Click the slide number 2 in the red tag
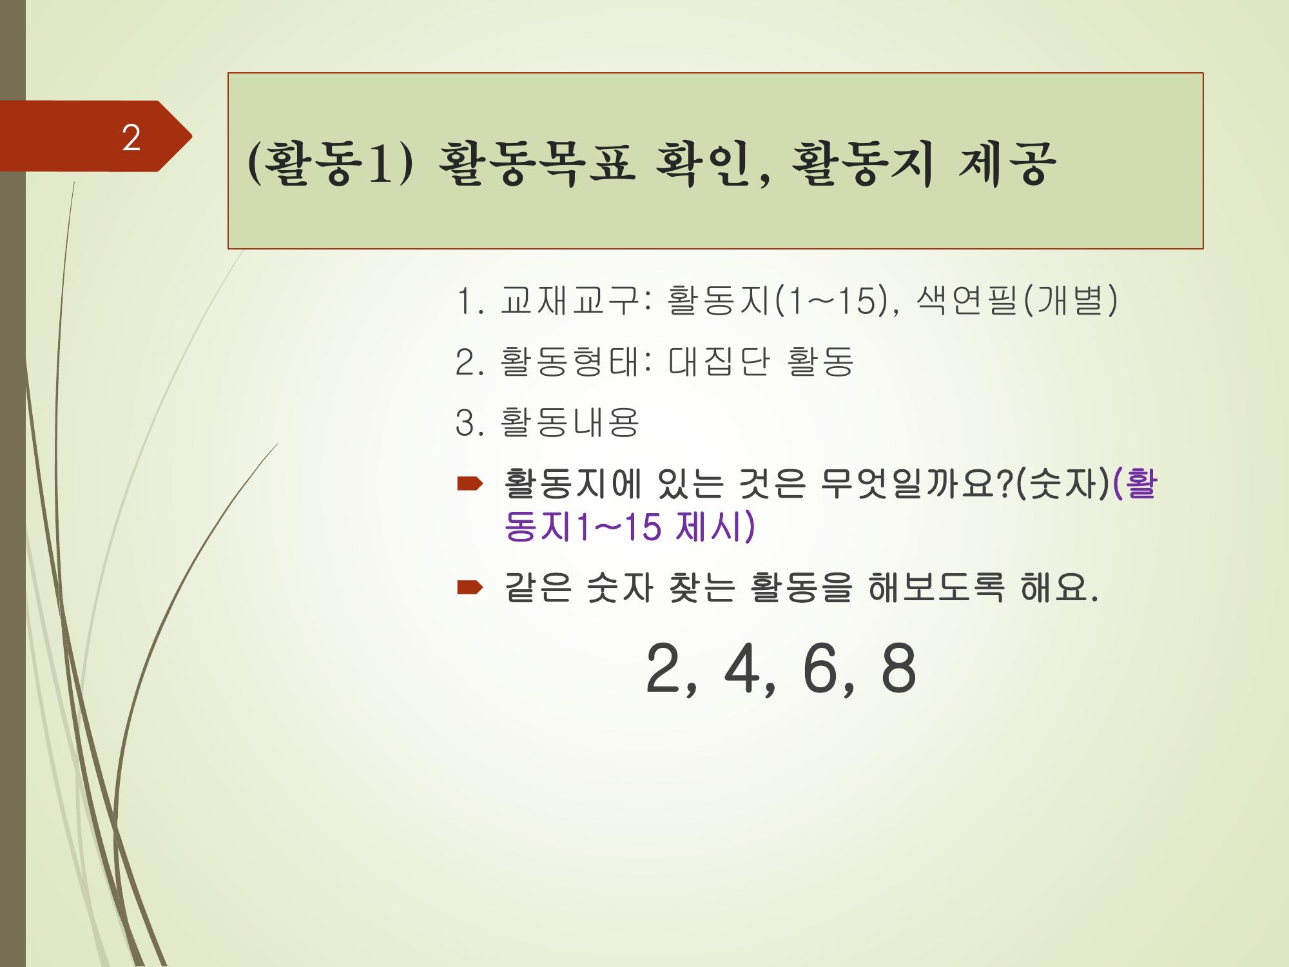tap(131, 138)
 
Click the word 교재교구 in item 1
tap(568, 300)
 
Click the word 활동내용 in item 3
tap(568, 423)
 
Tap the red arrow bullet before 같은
tap(469, 587)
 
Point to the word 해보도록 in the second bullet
tap(936, 588)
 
